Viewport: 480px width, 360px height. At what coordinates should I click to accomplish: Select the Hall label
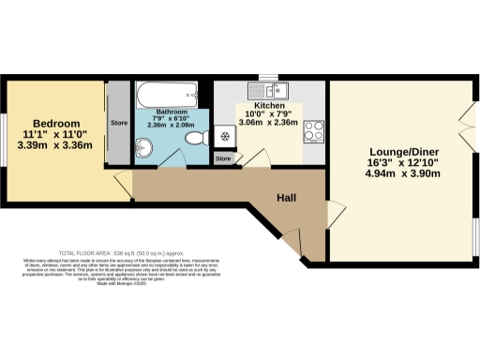[x=288, y=198]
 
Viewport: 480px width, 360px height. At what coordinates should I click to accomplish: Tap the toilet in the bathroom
[x=197, y=139]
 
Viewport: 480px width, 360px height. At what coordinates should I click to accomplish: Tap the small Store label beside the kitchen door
[x=223, y=159]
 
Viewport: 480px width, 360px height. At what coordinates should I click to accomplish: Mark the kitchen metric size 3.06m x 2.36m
[x=267, y=122]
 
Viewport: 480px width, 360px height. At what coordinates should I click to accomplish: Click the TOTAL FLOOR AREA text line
[x=117, y=253]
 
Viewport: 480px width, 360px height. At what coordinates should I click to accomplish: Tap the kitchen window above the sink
[x=268, y=78]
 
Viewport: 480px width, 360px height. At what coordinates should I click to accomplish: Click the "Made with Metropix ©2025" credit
[x=117, y=284]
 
